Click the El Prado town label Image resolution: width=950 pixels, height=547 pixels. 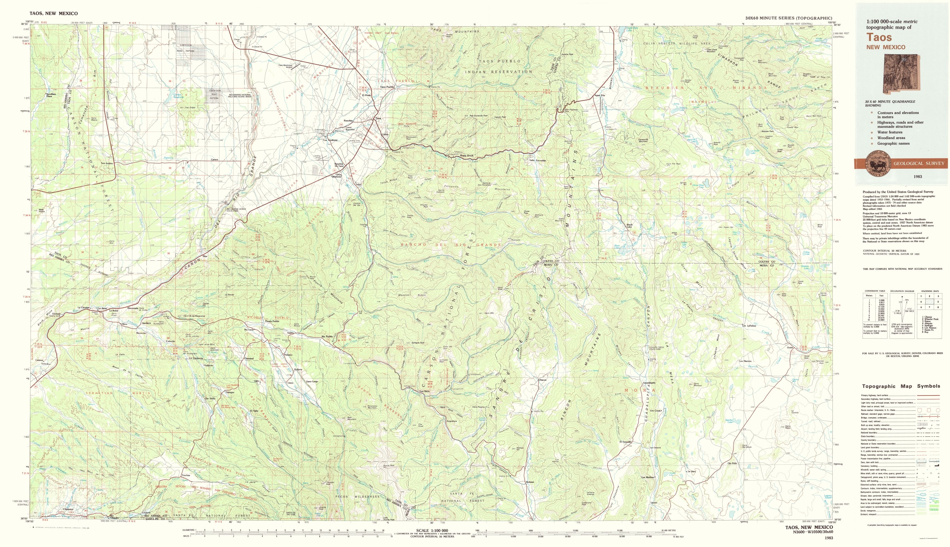pos(366,95)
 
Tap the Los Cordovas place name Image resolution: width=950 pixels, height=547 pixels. pos(330,140)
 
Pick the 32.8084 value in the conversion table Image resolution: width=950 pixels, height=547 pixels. pos(881,320)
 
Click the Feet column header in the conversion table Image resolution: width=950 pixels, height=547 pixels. pos(882,296)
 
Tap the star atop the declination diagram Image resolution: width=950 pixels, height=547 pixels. pos(902,297)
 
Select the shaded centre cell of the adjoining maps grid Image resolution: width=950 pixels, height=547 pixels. pos(930,302)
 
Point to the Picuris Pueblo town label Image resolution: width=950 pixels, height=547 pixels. pos(272,321)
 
